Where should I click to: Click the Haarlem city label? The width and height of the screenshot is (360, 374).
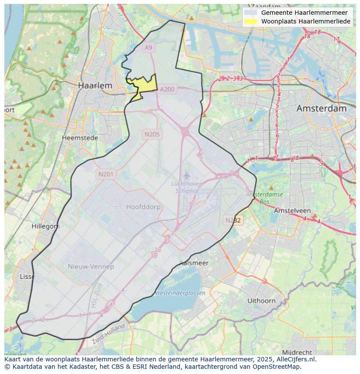coord(95,86)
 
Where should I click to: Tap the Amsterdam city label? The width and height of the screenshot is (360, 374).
coord(321,108)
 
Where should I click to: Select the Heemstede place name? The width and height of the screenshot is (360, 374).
coord(80,138)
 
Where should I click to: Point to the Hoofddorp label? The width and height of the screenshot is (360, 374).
coord(143,207)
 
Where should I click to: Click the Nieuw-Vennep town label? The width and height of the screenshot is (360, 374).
coord(91,266)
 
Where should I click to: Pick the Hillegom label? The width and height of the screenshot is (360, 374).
coord(45,226)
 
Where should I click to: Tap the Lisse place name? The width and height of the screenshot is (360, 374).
coord(27,277)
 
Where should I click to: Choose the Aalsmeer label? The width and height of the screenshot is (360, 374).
coord(194,263)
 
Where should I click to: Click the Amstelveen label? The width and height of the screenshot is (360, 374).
coord(290,210)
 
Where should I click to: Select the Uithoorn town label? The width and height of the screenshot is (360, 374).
coord(261,301)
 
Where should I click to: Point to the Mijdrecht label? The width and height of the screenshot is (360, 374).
coord(297,352)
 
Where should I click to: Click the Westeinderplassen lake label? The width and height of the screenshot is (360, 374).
coord(180,293)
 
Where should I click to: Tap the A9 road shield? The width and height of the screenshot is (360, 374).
coord(149,47)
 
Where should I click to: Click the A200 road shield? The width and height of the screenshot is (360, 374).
coord(167,89)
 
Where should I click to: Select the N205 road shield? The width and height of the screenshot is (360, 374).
coord(152,134)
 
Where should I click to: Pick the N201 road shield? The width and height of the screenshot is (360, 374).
coord(106,174)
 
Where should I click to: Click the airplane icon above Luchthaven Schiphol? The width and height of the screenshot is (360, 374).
coord(187,175)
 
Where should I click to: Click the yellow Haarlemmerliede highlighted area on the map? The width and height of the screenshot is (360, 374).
coord(145,84)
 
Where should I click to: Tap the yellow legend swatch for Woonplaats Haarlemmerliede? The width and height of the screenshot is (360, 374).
coord(250,21)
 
